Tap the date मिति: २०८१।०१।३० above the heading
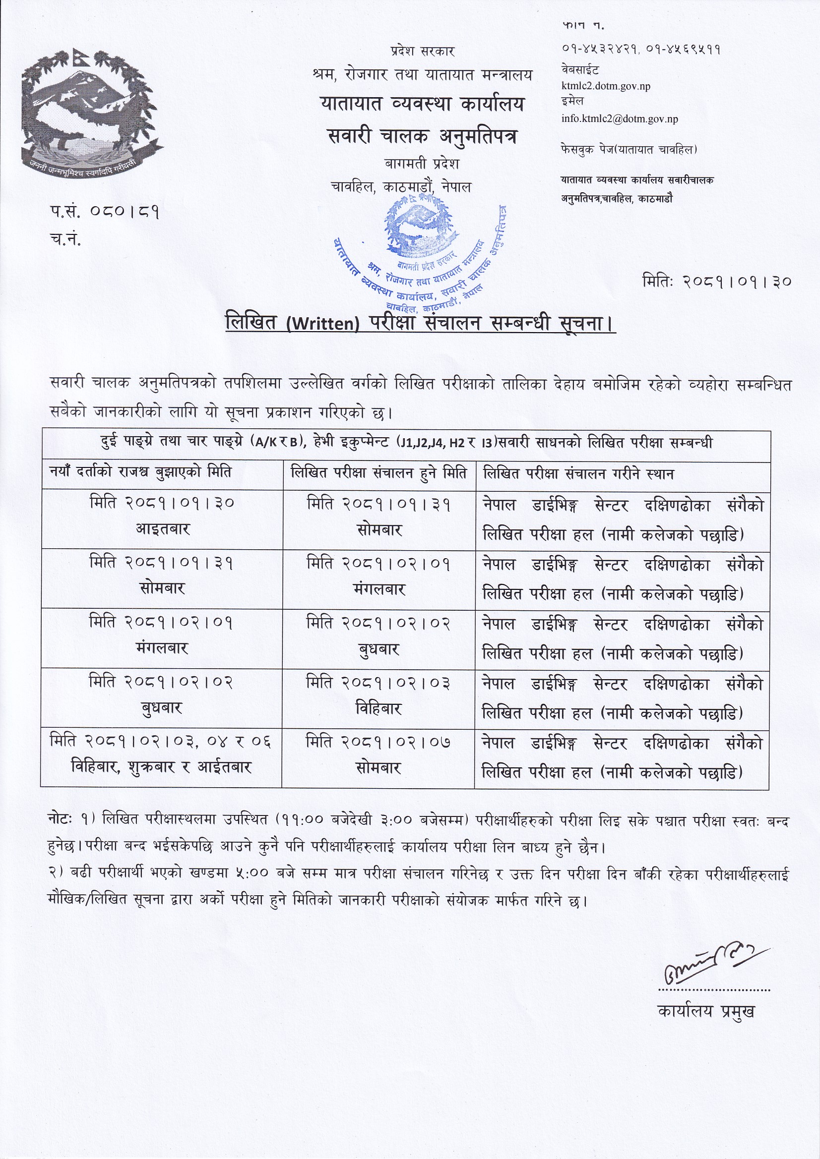tap(716, 281)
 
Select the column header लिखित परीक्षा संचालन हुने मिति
tap(379, 473)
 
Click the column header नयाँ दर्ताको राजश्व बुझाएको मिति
tap(140, 472)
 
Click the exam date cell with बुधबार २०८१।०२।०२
tap(378, 637)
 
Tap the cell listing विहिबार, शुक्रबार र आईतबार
tap(161, 768)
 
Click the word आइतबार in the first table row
tap(162, 529)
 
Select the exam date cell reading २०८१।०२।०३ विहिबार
tap(378, 696)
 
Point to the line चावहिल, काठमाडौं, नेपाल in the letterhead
tap(401, 187)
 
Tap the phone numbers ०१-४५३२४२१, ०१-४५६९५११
tap(640, 50)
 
